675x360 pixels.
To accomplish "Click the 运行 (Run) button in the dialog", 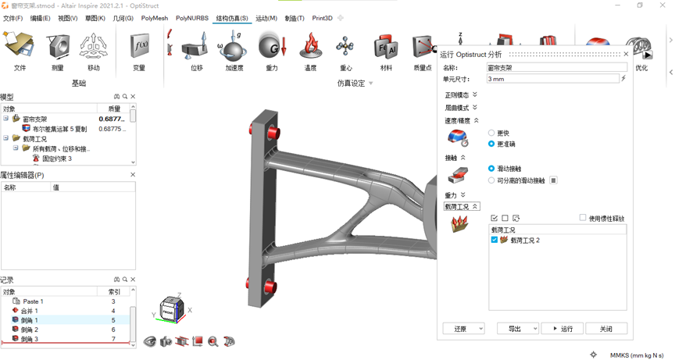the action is (562, 329).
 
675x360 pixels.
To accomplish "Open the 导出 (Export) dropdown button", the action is (517, 329).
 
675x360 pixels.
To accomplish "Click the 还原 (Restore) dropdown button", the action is (463, 329).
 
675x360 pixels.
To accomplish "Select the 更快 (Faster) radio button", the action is (491, 133).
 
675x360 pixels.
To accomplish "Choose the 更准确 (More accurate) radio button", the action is (491, 144).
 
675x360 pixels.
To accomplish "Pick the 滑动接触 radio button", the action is (491, 169).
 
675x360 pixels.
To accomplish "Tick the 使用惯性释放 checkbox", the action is (583, 218).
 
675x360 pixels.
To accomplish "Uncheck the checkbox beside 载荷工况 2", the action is (495, 241).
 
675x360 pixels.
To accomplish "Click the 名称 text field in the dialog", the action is (556, 68).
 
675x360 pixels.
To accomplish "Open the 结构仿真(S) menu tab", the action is (232, 18).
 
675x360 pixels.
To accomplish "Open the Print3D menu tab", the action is (322, 18).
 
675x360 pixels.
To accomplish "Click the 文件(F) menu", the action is (12, 18).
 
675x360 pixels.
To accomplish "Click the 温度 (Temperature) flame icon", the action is (310, 50).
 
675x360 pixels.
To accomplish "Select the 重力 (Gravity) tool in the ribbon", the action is (272, 50).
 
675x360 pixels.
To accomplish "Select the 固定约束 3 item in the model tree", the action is (57, 159).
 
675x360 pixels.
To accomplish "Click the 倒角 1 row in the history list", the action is (30, 320).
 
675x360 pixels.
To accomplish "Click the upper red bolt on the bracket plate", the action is (273, 133).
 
